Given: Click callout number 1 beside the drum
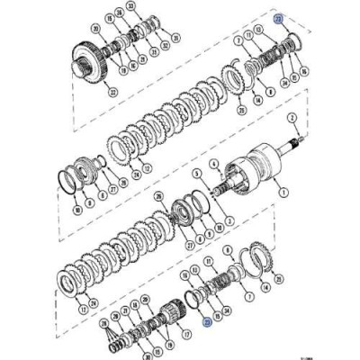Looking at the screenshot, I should (x=284, y=191).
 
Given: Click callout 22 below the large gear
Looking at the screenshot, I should (x=112, y=92).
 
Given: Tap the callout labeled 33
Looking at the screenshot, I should (x=130, y=6).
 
